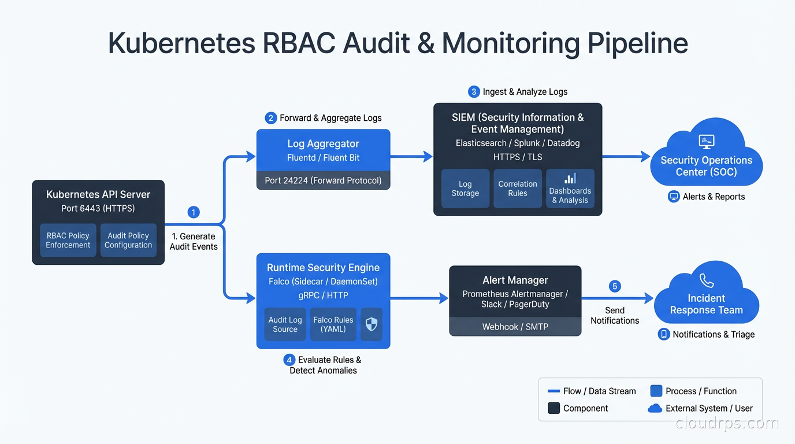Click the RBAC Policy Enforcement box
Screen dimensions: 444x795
(68, 240)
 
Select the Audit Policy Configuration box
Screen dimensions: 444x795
(128, 240)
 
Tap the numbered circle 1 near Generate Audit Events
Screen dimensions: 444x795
(194, 212)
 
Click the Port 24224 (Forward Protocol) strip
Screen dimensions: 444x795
(323, 180)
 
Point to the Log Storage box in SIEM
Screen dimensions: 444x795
(465, 188)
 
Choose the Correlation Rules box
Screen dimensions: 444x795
(518, 188)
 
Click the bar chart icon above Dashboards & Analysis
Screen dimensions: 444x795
(570, 179)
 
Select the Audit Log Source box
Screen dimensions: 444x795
(285, 324)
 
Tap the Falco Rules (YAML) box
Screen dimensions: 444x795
(333, 324)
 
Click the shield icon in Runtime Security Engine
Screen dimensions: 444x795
(372, 324)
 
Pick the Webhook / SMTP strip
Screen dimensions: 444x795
(515, 327)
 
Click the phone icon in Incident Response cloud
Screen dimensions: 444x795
(707, 281)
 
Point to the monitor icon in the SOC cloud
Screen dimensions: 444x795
(706, 141)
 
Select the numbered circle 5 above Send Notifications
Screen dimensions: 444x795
(615, 286)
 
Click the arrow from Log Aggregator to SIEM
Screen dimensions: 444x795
(411, 156)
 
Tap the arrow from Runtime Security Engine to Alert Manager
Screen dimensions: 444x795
(419, 298)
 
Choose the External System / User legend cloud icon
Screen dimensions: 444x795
(655, 408)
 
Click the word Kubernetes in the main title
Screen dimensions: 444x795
(180, 44)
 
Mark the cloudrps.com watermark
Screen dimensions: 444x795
(727, 423)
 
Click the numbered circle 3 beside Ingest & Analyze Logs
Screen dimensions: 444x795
(474, 91)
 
